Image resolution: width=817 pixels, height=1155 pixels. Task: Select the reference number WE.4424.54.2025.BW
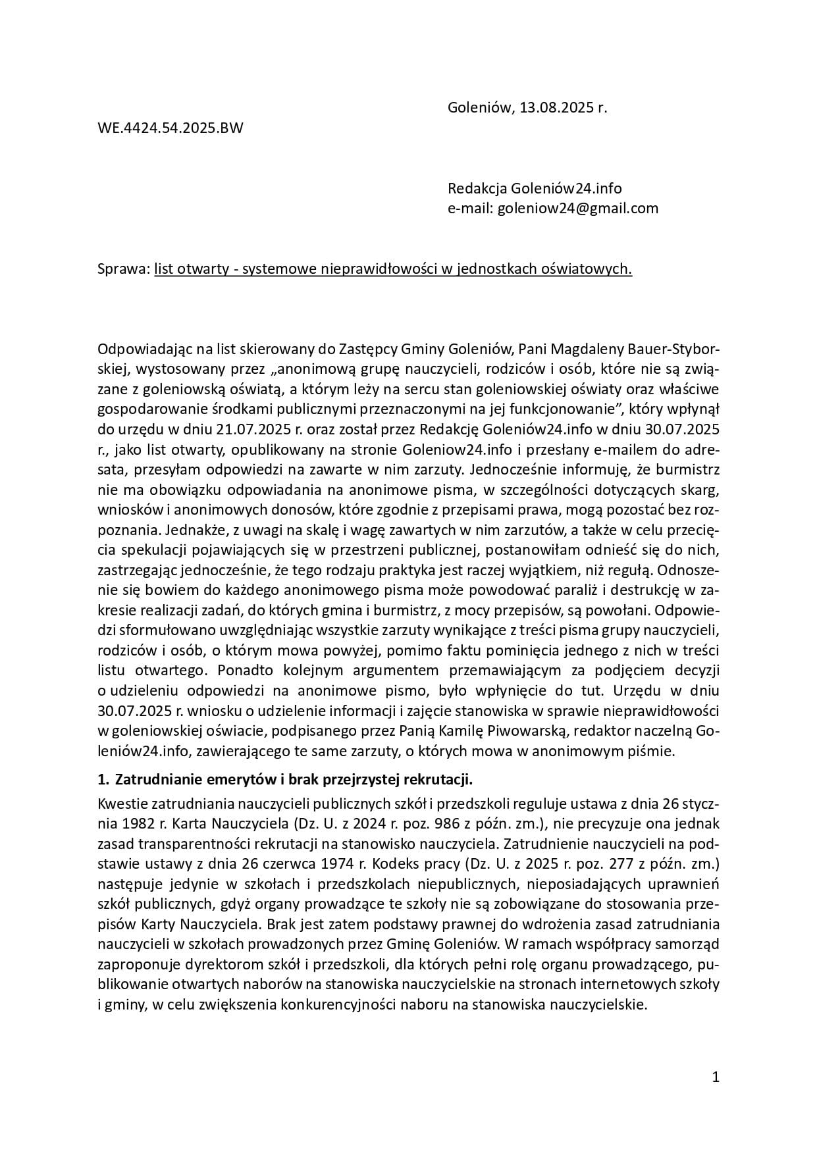[170, 128]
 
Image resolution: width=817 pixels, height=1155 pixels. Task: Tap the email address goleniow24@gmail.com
[577, 209]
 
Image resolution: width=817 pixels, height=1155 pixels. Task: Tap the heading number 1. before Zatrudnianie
[103, 780]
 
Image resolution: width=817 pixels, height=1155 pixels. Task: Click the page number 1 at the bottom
[716, 1077]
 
